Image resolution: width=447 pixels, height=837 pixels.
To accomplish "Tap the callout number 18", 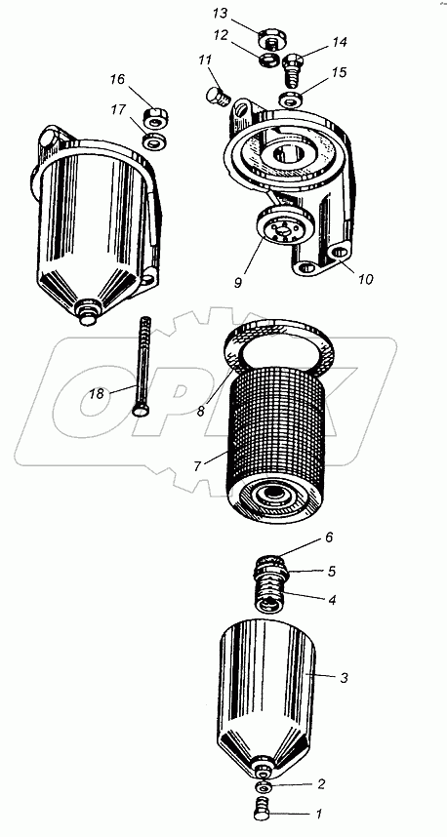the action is tap(96, 395).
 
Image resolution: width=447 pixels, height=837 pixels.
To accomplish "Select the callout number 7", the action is tap(197, 466).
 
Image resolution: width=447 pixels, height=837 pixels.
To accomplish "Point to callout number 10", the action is tap(366, 278).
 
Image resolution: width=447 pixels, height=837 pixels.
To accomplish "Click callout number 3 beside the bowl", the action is tap(345, 678).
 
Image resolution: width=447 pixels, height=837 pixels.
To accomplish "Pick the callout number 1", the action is tap(319, 814).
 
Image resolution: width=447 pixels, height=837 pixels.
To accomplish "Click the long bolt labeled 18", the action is tap(142, 367).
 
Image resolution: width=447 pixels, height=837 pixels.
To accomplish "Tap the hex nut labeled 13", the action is tap(270, 39).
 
